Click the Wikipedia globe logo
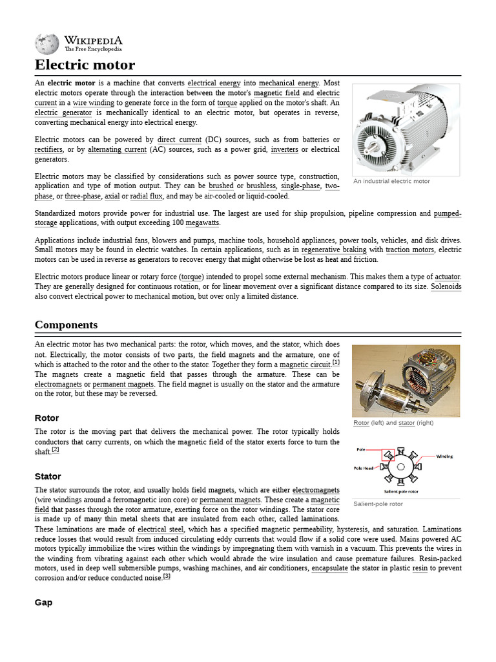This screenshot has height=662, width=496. tap(46, 43)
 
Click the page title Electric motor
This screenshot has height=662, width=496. tap(85, 65)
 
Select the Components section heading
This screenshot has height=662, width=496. tap(66, 325)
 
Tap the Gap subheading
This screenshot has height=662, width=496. tap(43, 602)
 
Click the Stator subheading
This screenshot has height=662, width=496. tap(48, 476)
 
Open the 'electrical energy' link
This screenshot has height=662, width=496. tap(214, 83)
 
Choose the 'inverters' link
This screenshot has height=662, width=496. tap(284, 149)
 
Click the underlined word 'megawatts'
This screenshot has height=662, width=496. tap(202, 223)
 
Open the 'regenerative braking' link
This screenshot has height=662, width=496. tap(333, 250)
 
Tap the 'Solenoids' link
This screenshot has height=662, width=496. tap(446, 286)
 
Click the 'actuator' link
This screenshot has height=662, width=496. tap(448, 277)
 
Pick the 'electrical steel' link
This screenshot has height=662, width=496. tap(161, 529)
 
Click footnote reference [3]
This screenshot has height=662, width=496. tap(166, 576)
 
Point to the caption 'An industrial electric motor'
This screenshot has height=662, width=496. tap(391, 182)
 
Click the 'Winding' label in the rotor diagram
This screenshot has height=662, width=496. tap(444, 456)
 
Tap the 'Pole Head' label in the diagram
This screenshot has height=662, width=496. tap(363, 467)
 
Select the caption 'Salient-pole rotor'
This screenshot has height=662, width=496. tap(378, 504)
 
